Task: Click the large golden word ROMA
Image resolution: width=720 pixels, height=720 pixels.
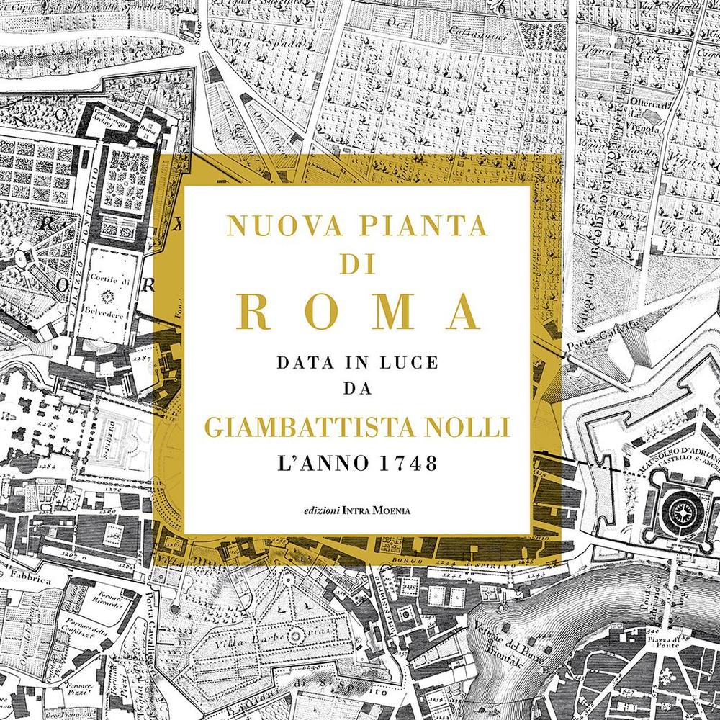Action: pos(358,311)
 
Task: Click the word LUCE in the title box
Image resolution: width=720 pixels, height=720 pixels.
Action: pos(405,364)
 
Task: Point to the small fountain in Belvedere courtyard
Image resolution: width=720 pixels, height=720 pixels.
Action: pos(110,295)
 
